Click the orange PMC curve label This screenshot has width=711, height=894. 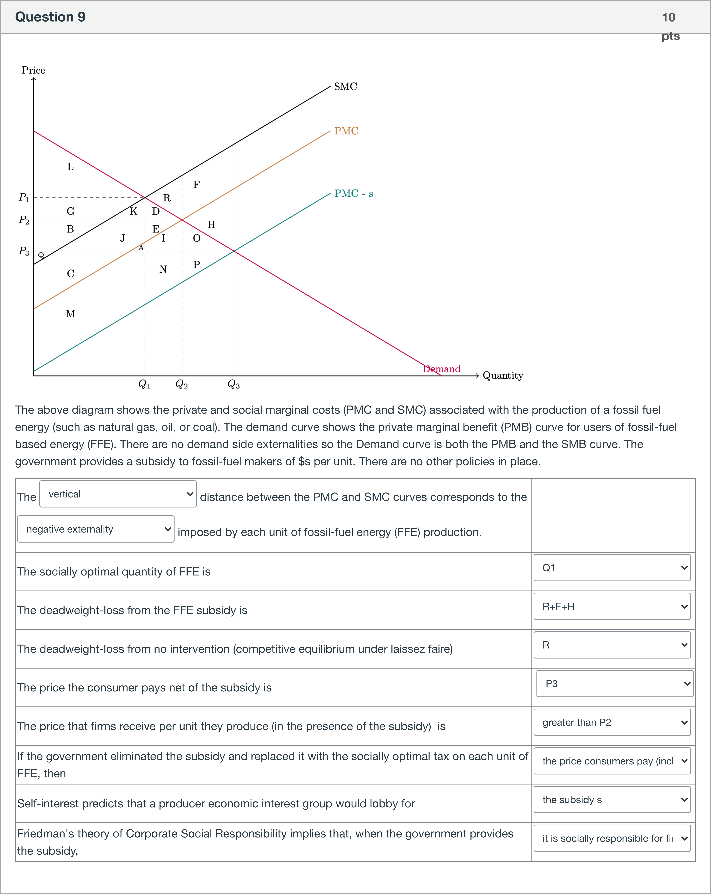(x=346, y=131)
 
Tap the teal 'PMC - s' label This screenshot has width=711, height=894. (x=353, y=194)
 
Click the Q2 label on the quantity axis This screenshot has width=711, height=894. (x=182, y=384)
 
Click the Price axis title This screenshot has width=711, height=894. (x=33, y=70)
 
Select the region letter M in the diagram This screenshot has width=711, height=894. (x=70, y=314)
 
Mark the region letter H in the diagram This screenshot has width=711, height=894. (x=211, y=224)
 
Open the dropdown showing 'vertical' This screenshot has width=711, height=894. (x=118, y=494)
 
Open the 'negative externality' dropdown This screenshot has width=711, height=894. (x=96, y=529)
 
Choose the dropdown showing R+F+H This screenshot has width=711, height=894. (x=612, y=606)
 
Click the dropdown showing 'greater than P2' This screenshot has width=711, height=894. (x=612, y=722)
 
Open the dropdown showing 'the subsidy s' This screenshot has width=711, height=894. (x=612, y=800)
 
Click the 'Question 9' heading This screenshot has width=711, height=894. (x=50, y=17)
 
